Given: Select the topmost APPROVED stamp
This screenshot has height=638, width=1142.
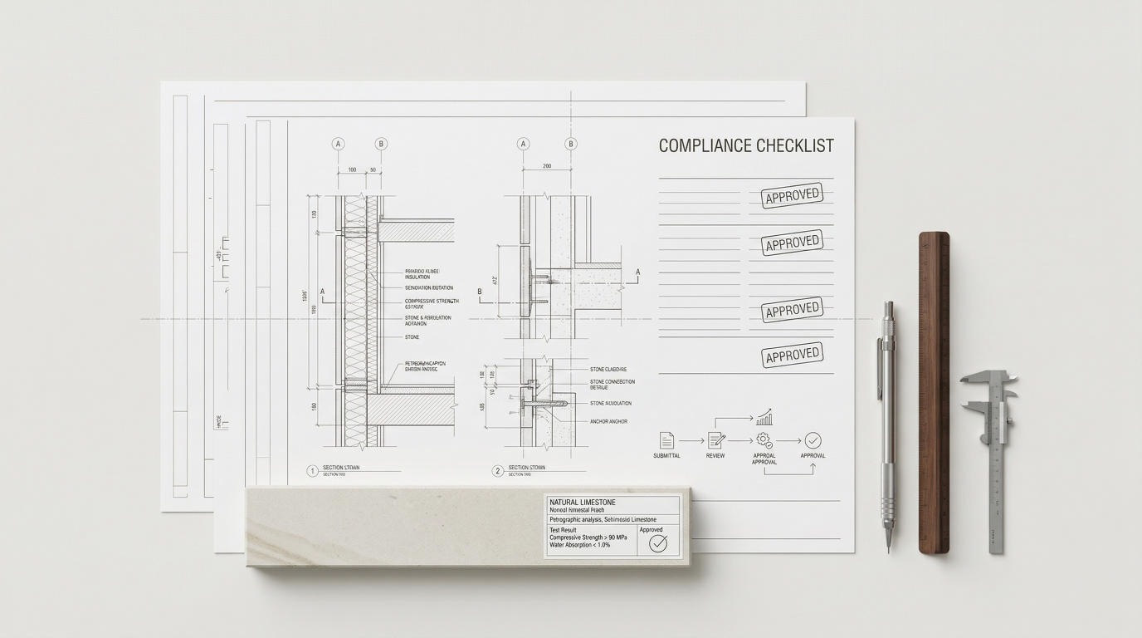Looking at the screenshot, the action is tap(792, 196).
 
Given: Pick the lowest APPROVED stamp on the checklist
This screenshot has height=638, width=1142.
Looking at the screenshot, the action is tap(792, 356).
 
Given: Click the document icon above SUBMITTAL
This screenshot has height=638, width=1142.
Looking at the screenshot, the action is tap(666, 440).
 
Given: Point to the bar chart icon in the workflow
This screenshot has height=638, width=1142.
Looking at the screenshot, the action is tap(764, 417).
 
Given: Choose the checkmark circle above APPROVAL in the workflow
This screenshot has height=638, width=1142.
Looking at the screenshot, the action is tap(813, 440).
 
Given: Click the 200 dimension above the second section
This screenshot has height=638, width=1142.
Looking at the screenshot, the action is tap(547, 166).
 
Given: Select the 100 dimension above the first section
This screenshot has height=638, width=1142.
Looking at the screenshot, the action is tap(352, 170).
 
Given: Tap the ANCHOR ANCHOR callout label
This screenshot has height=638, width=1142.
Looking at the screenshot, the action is tap(608, 421).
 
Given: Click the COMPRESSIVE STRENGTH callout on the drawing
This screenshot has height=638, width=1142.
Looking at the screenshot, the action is tap(432, 302).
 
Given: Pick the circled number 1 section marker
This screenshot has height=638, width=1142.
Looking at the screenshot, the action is tap(312, 471).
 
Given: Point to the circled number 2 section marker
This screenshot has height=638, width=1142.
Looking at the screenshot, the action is tap(498, 471).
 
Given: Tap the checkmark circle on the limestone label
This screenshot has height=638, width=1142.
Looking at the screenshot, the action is tap(658, 543).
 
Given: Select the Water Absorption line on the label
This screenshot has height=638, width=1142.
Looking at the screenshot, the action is tap(578, 545).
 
